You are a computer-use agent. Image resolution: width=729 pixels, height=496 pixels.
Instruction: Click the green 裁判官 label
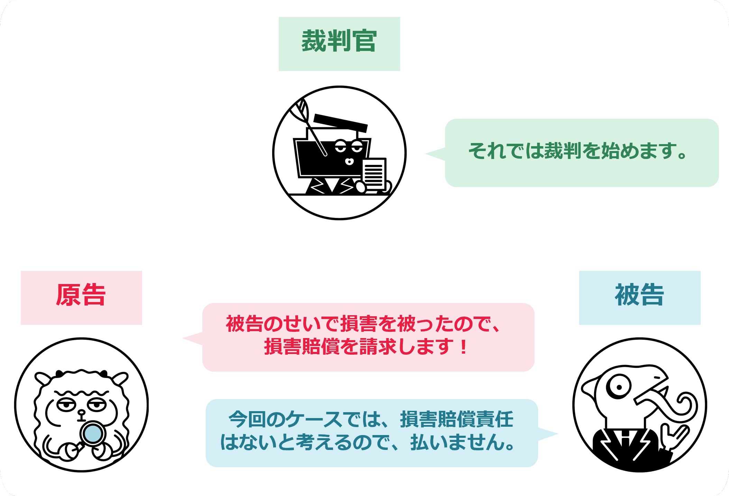(339, 44)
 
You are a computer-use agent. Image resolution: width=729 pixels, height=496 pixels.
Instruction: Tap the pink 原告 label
(81, 298)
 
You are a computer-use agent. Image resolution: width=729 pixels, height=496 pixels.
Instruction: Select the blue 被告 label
(639, 298)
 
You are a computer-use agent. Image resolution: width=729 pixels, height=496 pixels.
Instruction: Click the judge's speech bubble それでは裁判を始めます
(582, 153)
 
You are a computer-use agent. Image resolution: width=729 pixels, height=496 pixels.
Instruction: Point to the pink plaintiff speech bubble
(368, 337)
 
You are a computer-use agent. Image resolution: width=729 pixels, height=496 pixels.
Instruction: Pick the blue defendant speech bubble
(371, 433)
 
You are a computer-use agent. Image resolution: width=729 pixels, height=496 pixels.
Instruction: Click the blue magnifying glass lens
(93, 433)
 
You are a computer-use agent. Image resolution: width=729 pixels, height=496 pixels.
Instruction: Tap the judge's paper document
(374, 174)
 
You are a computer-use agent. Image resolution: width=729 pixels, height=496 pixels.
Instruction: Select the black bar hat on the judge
(340, 123)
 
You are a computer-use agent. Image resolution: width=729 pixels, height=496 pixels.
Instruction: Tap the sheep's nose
(81, 413)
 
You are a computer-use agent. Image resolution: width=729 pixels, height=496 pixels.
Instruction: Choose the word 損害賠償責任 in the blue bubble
(456, 420)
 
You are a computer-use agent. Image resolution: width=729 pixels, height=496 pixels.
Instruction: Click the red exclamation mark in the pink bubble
(463, 347)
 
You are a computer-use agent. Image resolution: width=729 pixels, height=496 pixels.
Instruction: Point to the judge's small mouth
(349, 161)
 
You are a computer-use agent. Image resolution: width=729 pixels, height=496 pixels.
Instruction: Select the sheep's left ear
(43, 378)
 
